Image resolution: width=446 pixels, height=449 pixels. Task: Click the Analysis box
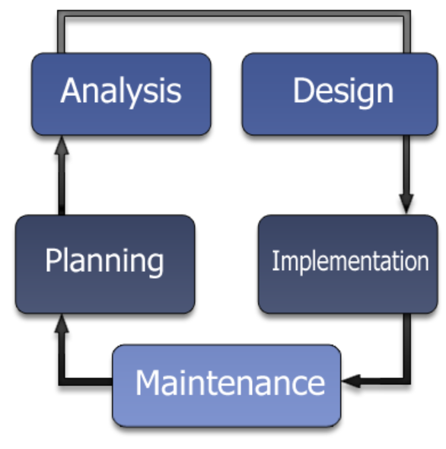tap(121, 94)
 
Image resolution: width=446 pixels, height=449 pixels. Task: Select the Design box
tap(340, 94)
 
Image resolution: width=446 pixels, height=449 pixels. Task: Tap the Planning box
tap(105, 264)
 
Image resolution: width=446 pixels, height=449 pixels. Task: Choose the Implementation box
tap(348, 264)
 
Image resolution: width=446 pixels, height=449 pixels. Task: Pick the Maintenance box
tap(227, 386)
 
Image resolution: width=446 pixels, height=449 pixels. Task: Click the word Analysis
tap(121, 92)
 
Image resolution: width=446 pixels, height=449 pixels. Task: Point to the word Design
tap(343, 92)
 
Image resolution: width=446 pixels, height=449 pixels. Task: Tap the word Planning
tap(104, 262)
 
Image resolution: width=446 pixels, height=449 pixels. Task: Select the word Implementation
tap(350, 262)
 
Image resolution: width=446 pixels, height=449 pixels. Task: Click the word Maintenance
tap(230, 383)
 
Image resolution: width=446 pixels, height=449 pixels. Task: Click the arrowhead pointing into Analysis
tap(62, 145)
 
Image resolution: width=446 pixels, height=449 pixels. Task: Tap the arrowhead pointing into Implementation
tap(406, 204)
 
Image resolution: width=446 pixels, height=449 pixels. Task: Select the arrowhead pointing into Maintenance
tap(351, 381)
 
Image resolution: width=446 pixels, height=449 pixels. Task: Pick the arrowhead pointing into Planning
tap(62, 323)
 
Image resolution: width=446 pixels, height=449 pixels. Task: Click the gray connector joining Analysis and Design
tap(234, 14)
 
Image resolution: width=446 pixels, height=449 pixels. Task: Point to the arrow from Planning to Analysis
tap(62, 175)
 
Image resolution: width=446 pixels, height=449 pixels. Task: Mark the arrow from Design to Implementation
tap(406, 174)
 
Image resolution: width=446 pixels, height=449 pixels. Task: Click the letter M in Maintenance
tap(148, 383)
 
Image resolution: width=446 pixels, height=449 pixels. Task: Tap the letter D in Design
tap(302, 91)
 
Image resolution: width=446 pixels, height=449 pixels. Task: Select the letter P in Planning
tap(53, 260)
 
